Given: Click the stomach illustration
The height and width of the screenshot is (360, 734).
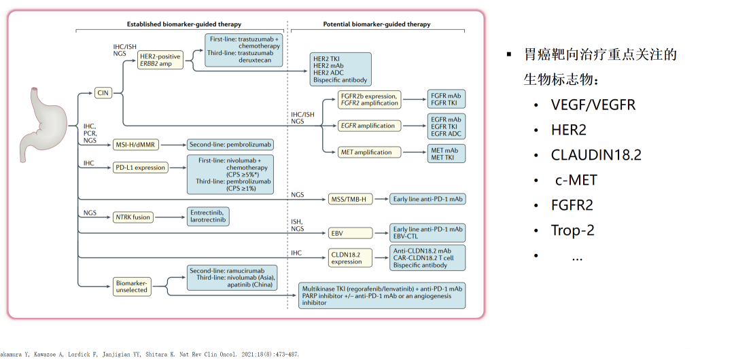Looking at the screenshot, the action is point(44,124).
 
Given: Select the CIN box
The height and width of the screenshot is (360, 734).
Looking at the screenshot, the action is point(103,92).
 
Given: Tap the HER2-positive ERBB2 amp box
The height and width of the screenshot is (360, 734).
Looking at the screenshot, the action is point(160,60).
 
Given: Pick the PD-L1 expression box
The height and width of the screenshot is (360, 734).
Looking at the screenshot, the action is point(141,168).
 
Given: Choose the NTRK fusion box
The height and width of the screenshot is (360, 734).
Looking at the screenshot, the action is point(133,217).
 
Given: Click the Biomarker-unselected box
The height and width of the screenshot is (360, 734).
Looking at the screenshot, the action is point(132,286).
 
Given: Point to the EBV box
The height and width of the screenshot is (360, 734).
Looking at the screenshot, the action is point(350,233).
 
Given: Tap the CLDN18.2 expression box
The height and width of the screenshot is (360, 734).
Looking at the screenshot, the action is point(350,257).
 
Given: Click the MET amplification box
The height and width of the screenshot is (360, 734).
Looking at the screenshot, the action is point(369,152).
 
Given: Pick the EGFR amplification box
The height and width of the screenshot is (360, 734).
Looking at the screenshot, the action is point(369,126).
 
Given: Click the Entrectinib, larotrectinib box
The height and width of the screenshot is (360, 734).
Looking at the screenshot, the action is point(209,217).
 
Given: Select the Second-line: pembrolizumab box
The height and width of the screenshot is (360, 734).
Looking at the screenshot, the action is point(230,145).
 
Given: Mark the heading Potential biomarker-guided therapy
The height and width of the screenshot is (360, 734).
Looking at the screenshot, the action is point(377,24).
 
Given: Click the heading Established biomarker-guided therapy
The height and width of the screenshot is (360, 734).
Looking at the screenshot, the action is point(184,24).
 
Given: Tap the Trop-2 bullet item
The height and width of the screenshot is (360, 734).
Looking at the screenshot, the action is point(572,230).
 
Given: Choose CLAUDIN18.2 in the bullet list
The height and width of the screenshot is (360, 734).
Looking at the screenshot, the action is point(596,155).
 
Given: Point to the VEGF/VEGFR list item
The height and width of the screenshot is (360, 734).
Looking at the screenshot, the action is point(593,105).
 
